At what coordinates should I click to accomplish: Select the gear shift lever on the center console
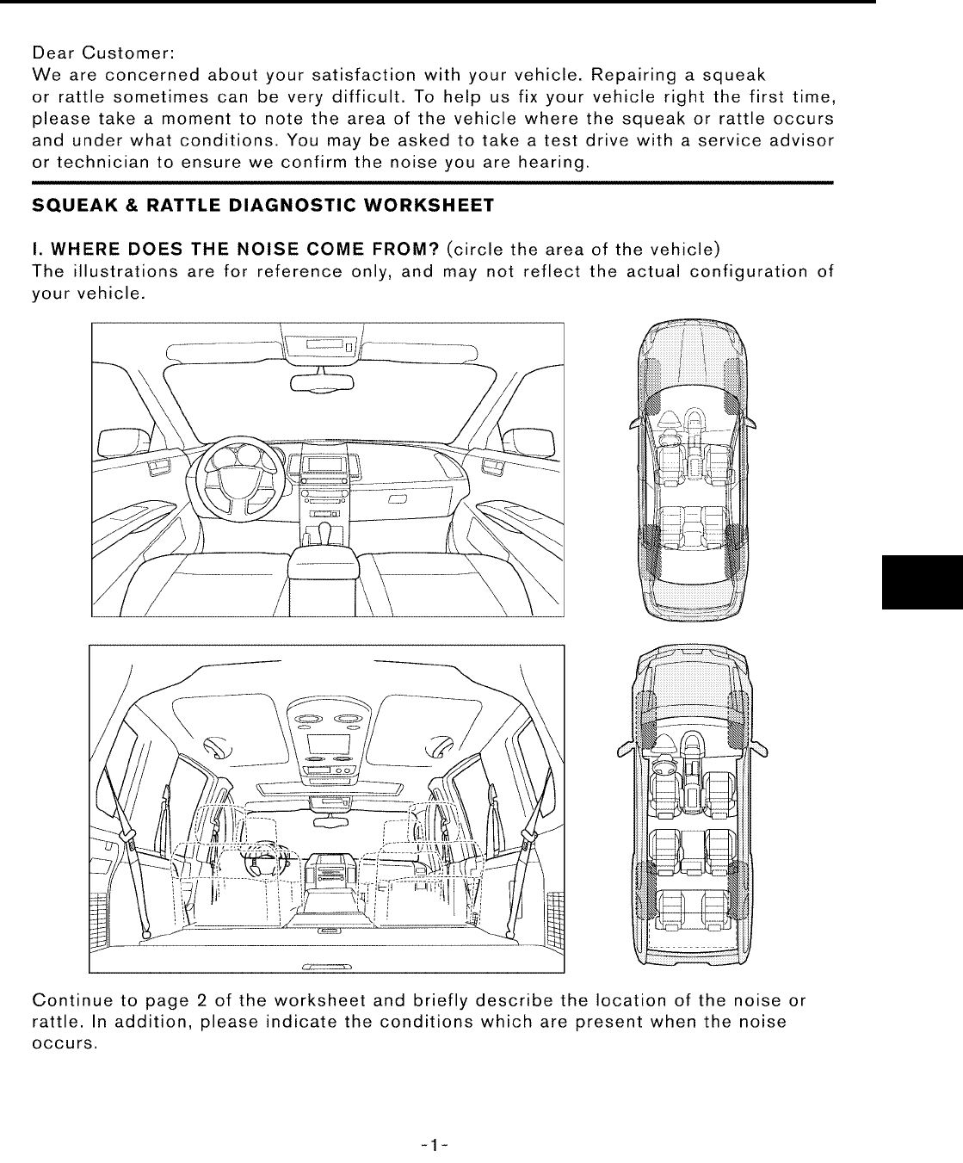326,531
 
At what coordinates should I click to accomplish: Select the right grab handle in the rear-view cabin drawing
444,745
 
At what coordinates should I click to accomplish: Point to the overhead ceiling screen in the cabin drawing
327,742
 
